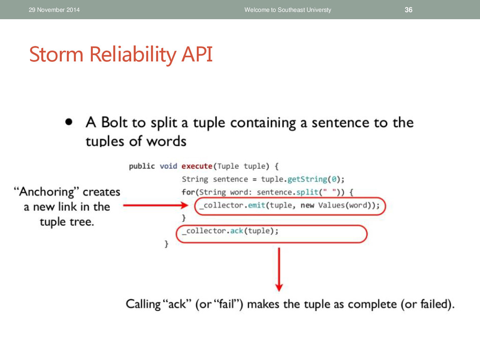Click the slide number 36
408,10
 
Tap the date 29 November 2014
54,10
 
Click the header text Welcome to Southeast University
288,10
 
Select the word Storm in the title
56,54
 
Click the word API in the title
197,54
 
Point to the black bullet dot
69,122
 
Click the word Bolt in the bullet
114,122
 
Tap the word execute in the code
197,166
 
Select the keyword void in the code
168,166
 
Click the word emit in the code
256,205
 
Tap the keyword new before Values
307,205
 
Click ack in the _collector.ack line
237,231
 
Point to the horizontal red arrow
156,205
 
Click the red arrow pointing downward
279,270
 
